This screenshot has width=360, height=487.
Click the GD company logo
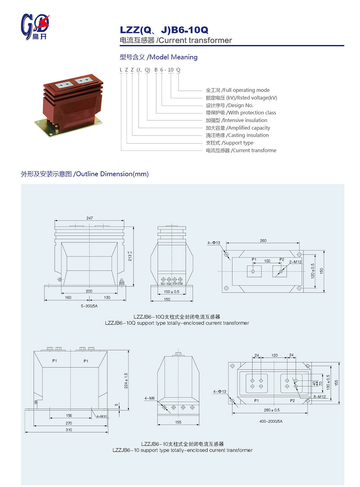point(35,27)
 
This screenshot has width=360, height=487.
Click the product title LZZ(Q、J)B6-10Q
point(164,30)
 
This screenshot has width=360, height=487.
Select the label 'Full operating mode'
point(238,90)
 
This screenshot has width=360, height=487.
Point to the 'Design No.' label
point(230,105)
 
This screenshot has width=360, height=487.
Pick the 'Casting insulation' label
point(237,135)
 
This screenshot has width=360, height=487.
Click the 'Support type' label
point(230,143)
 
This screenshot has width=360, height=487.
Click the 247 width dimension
point(90,218)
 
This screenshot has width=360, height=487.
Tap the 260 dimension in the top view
point(263,240)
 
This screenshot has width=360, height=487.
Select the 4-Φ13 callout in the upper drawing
point(213,243)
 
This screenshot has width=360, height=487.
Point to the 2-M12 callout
point(295,262)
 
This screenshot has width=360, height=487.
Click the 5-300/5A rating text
point(89,306)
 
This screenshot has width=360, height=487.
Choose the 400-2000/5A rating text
point(271,421)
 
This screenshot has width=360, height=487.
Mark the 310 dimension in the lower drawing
point(69,430)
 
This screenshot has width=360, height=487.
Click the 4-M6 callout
point(149,398)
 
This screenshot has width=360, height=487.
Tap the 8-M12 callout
point(319,397)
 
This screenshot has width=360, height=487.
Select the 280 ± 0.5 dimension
point(271,410)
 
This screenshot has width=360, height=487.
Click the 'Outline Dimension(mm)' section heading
point(85,174)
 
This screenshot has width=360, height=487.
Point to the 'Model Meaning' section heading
point(158,57)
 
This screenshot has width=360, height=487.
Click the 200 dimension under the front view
point(89,291)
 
